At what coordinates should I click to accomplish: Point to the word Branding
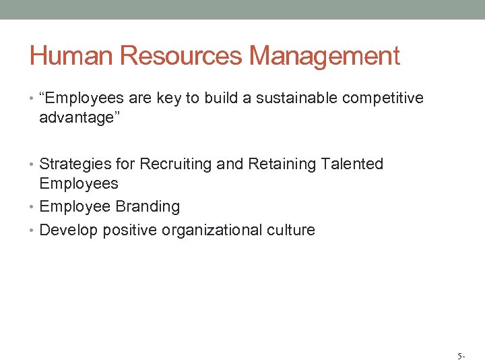pyautogui.click(x=148, y=206)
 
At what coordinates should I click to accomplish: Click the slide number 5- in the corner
pyautogui.click(x=461, y=355)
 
